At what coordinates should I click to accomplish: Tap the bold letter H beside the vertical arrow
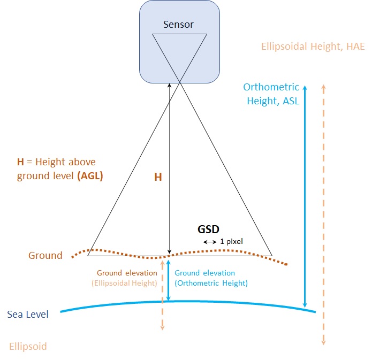pos(158,177)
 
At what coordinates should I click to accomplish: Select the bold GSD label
pos(209,229)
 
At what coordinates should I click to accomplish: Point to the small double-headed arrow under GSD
pos(210,242)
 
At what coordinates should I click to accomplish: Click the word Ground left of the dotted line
pos(45,255)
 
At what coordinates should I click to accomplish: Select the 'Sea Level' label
pos(28,314)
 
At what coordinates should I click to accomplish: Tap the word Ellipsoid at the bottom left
pos(28,346)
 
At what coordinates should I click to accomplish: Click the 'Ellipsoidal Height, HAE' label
pos(313,47)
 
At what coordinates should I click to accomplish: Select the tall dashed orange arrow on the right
pos(323,214)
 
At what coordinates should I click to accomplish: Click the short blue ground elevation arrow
pos(169,281)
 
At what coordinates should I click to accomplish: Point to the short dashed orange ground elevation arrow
pos(162,294)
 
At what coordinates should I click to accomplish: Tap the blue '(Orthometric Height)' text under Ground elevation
pos(211,283)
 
